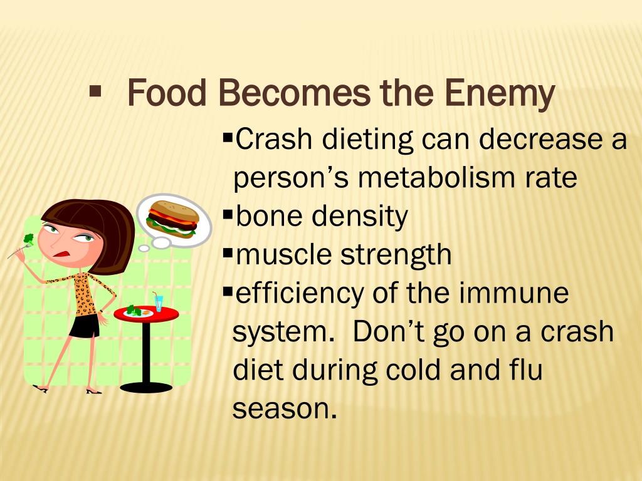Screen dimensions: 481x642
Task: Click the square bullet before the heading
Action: pyautogui.click(x=95, y=92)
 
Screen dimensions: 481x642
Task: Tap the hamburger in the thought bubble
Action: pyautogui.click(x=172, y=217)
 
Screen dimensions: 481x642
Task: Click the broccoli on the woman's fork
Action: pyautogui.click(x=28, y=239)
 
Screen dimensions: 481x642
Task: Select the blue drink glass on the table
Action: pyautogui.click(x=159, y=304)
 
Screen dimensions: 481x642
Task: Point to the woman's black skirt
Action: pyautogui.click(x=85, y=325)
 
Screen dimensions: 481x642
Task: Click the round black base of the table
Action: pyautogui.click(x=146, y=387)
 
